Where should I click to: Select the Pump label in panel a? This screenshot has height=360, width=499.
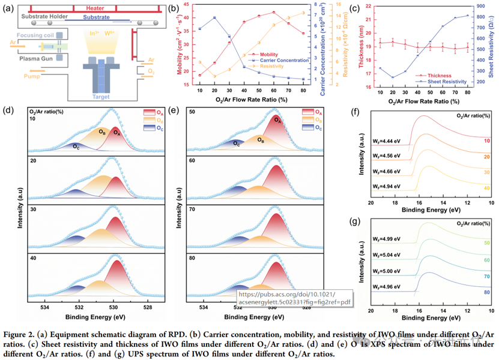[x=33, y=77]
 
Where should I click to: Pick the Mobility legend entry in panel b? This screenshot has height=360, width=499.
[x=268, y=55]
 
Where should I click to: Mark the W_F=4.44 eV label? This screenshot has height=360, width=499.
[x=386, y=139]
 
